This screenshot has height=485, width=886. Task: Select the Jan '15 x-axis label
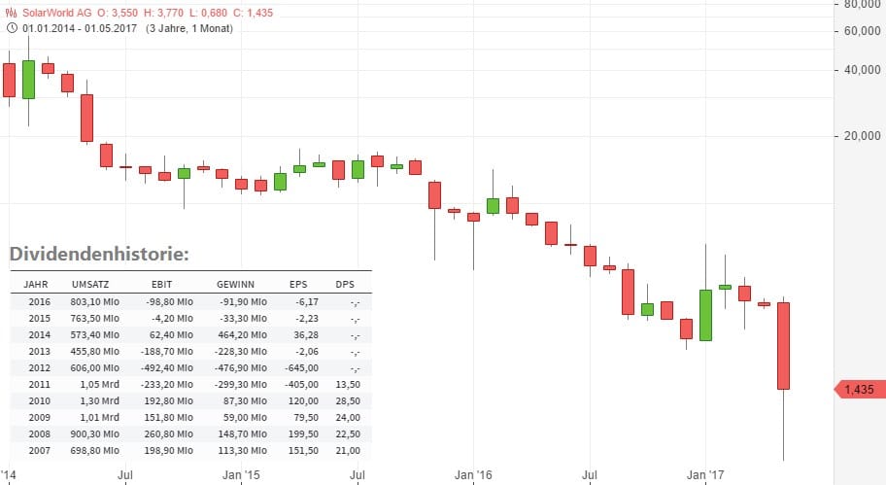242,475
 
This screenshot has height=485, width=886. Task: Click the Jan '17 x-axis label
706,475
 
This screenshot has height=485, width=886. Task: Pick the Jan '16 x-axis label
474,475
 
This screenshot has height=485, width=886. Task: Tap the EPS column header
298,285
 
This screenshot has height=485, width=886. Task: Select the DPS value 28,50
347,401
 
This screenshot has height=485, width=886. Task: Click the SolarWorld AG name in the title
58,12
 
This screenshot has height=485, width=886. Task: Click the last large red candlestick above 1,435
783,345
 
